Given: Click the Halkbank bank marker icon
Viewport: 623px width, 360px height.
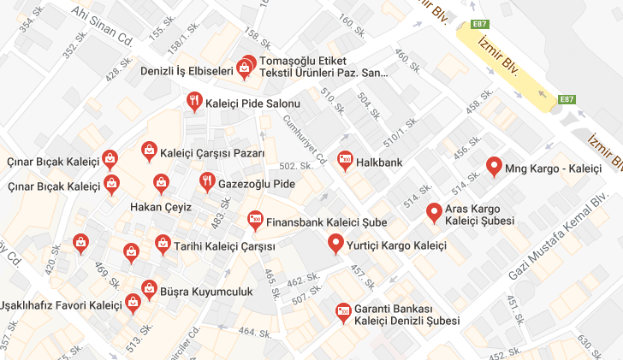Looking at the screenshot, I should pos(345,159).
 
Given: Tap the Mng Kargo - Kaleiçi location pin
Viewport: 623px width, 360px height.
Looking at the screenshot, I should pos(494,166).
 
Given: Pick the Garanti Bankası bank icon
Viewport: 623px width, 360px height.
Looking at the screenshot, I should pos(343,311).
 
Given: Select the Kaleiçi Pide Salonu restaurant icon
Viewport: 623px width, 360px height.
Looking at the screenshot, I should pos(196,103).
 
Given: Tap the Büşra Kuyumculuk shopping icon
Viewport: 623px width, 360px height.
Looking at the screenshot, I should pos(148,289).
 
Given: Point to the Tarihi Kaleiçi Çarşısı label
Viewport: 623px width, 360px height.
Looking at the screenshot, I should pos(224,246).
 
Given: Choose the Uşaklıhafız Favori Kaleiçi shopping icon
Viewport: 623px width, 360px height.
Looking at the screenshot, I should pos(133,303).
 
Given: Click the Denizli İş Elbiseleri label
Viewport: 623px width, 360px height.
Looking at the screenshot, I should pos(187,72).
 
